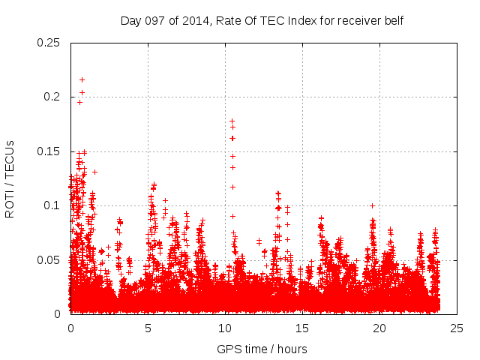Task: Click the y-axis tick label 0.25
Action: [49, 43]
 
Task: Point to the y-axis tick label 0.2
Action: [52, 97]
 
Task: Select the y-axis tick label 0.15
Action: [49, 151]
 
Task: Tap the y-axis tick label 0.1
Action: [52, 205]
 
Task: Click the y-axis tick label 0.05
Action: [49, 259]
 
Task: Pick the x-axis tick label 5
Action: [148, 328]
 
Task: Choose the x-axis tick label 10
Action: [225, 328]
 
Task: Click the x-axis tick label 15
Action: [302, 328]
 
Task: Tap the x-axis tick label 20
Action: [379, 328]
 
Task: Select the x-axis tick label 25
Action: [457, 328]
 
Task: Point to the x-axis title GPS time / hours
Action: [262, 349]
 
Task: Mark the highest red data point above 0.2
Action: [82, 79]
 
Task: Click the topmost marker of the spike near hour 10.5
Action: [232, 121]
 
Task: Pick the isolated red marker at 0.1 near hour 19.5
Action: [372, 205]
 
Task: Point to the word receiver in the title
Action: [360, 21]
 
